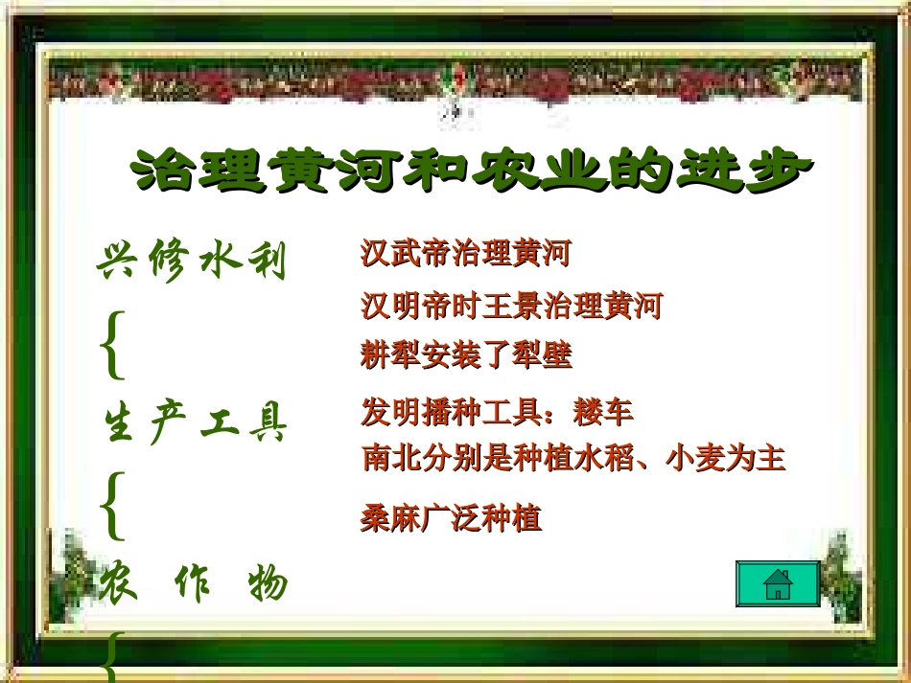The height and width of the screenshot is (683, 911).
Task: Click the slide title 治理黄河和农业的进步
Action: pyautogui.click(x=470, y=173)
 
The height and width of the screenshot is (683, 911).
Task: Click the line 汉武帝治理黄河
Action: pyautogui.click(x=465, y=255)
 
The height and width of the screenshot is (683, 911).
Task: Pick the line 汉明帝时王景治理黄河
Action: pyautogui.click(x=511, y=307)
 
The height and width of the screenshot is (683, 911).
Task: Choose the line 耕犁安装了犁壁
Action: pyautogui.click(x=466, y=356)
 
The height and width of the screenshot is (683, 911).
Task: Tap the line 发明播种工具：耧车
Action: pyautogui.click(x=497, y=413)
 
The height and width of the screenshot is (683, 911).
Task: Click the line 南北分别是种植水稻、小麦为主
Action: pyautogui.click(x=573, y=459)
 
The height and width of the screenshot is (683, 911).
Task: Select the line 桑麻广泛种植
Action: pyautogui.click(x=451, y=518)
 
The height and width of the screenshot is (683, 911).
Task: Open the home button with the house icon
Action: pyautogui.click(x=778, y=584)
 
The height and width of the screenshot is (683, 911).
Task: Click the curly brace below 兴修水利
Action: pyautogui.click(x=112, y=342)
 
